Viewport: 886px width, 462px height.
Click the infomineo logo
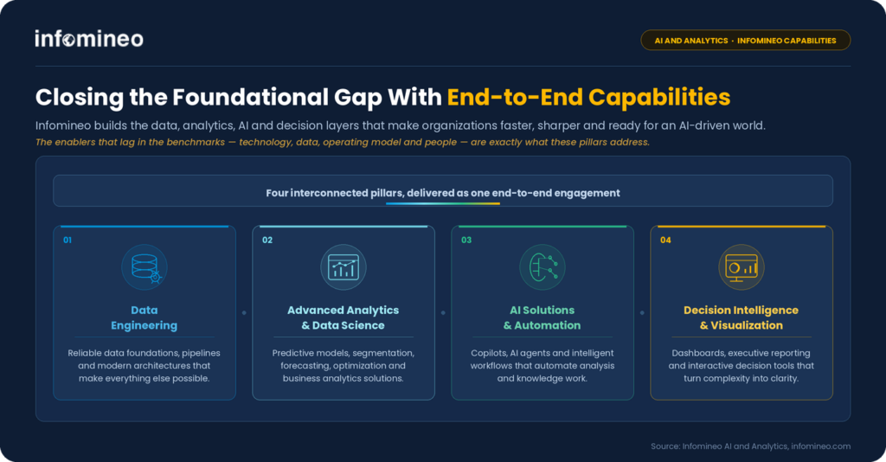89,39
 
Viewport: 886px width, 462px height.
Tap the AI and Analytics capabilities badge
745,40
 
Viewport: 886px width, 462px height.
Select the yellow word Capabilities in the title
659,97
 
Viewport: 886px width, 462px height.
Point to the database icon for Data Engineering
144,267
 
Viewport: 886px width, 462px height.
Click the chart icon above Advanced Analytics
343,267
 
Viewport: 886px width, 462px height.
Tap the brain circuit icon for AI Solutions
543,267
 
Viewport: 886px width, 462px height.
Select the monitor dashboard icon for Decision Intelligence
742,267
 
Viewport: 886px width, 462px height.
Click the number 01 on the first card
67,240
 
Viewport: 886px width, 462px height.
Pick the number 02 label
267,240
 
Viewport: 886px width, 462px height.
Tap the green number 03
466,240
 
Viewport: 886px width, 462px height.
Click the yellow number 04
665,240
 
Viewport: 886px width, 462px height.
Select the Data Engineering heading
144,318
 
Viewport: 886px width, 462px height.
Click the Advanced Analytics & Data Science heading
343,318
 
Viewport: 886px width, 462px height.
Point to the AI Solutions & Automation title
543,318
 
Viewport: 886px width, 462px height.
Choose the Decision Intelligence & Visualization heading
741,318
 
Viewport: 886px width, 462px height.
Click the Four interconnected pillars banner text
443,193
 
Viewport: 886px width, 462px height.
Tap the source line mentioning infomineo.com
750,446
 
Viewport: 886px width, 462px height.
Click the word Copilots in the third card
489,353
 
